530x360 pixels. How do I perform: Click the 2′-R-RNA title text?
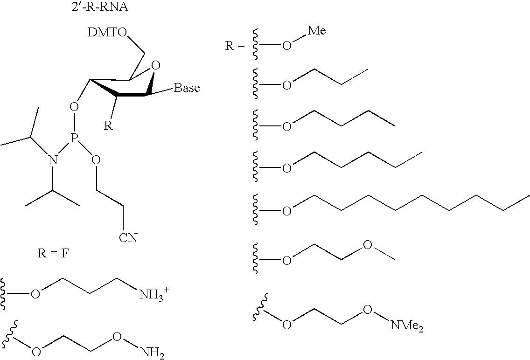point(100,7)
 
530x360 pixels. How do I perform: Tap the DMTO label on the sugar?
point(107,33)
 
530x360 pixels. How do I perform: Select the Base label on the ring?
point(187,88)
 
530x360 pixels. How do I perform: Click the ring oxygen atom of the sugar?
point(155,65)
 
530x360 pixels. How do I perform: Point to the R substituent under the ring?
point(108,125)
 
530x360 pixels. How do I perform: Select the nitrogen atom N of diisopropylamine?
point(52,160)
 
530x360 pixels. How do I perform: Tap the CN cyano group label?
point(128,237)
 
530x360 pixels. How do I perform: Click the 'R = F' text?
point(53,253)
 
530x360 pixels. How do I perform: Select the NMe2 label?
point(407,326)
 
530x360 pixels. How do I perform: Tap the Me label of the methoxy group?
point(317,31)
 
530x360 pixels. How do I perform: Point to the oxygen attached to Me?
point(286,46)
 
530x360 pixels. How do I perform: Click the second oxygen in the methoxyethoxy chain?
point(368,244)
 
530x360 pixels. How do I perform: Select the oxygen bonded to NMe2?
point(368,309)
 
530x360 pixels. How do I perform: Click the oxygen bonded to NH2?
point(117,336)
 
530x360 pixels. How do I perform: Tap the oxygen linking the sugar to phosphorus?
point(74,107)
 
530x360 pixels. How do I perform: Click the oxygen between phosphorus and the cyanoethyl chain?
point(96,160)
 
